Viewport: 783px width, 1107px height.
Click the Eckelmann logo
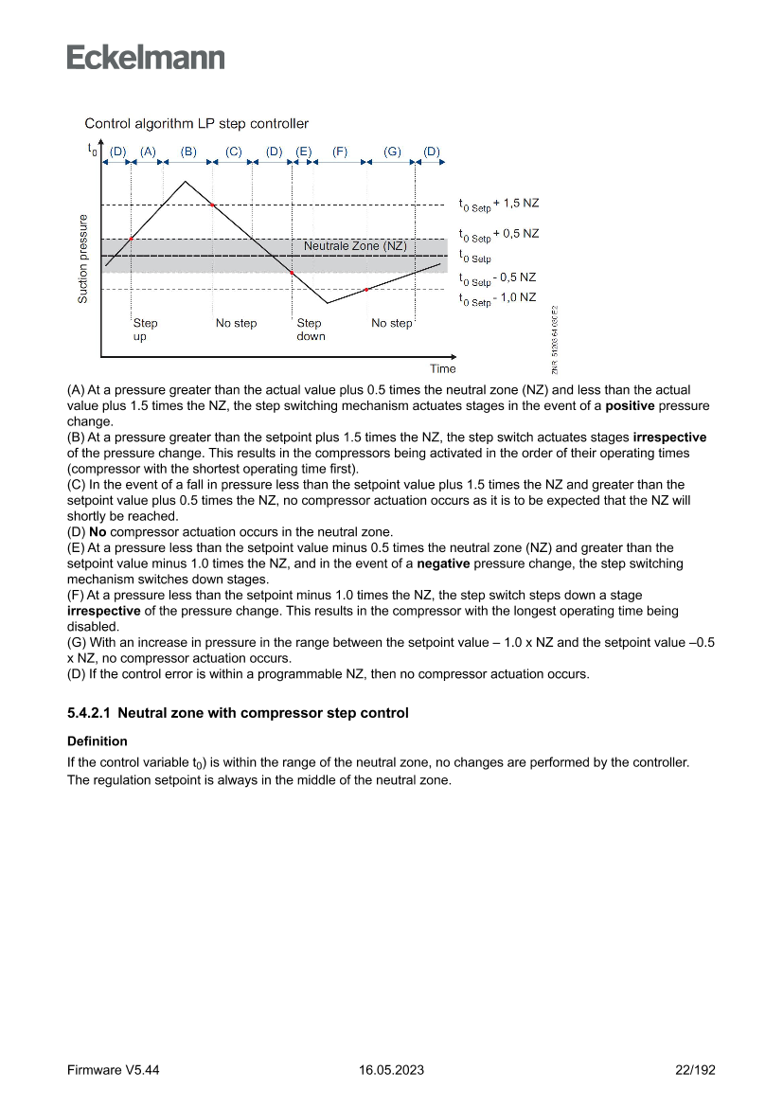point(146,57)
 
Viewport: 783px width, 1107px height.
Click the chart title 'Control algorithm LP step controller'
point(196,124)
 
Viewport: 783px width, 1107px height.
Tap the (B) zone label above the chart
point(188,152)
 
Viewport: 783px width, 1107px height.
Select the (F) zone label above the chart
point(340,152)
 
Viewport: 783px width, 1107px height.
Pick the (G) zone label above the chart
point(393,152)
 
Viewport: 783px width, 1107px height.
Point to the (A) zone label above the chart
point(148,152)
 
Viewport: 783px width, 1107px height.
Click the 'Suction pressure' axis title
point(83,259)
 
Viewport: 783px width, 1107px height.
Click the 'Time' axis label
point(442,369)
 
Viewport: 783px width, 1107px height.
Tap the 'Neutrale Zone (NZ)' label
point(355,246)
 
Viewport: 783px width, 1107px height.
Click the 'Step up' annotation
point(145,330)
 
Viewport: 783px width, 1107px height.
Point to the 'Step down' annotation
point(311,330)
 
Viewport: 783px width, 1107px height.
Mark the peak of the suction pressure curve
point(186,181)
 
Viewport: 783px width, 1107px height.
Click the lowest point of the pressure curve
point(328,303)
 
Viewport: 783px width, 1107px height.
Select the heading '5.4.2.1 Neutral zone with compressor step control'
point(238,713)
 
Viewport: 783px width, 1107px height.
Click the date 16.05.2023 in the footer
point(391,1070)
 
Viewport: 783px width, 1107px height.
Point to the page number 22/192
point(694,1070)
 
